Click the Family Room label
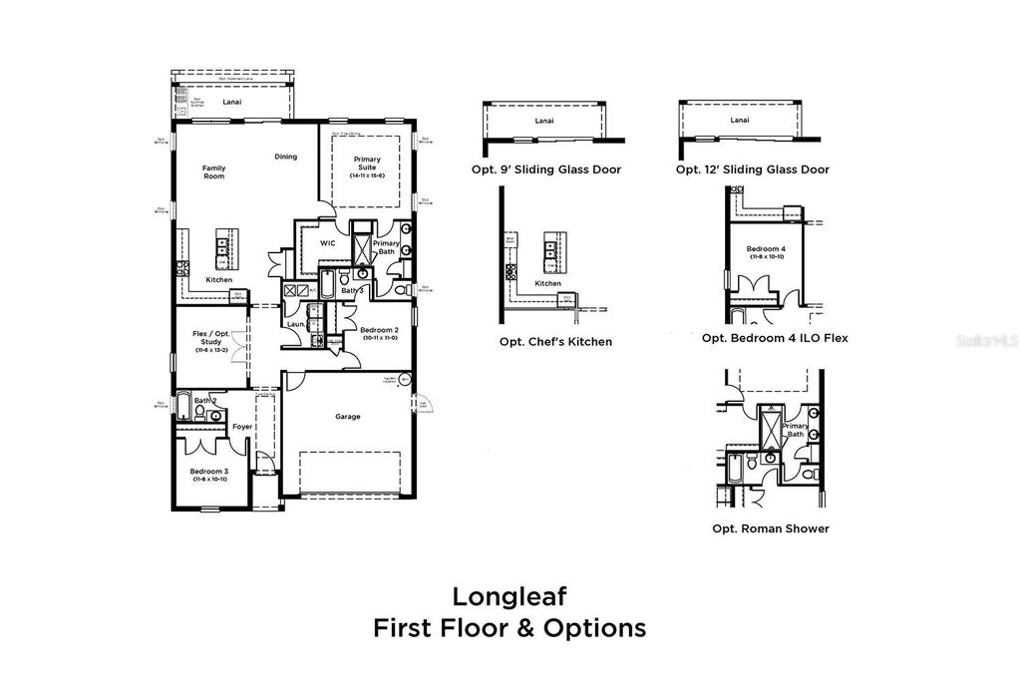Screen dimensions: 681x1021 point(213,171)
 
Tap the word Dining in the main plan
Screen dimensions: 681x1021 point(286,157)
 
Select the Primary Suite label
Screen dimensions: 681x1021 point(367,167)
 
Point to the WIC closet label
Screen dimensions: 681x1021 point(326,243)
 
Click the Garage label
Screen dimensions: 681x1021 point(348,417)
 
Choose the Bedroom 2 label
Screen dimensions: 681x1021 point(379,333)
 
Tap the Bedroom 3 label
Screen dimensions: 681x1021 point(210,475)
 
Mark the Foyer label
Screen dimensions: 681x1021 point(241,427)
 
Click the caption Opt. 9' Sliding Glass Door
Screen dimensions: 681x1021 point(546,170)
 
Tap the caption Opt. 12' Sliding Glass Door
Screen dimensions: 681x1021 point(752,170)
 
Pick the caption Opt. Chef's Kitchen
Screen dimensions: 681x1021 point(555,342)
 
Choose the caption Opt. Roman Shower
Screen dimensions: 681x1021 point(770,528)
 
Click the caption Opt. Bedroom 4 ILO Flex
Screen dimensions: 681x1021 point(775,338)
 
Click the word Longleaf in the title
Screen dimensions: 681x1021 point(510,596)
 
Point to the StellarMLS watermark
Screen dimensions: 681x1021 point(986,340)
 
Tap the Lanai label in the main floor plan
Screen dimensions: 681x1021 point(232,100)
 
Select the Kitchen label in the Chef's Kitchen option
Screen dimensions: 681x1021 point(548,284)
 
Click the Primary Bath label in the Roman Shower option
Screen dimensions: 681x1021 point(794,430)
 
